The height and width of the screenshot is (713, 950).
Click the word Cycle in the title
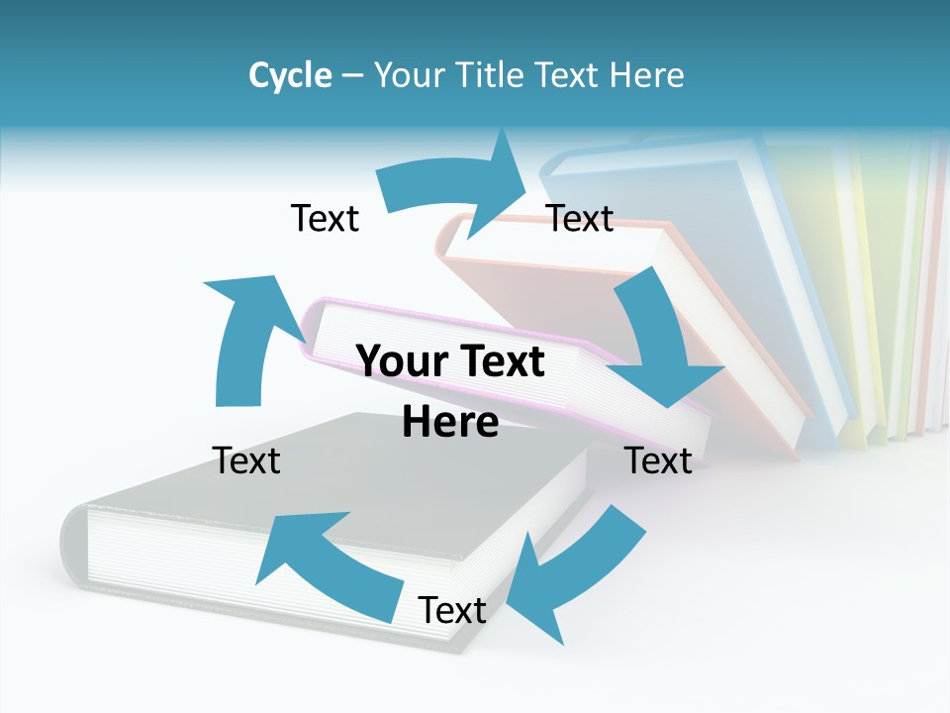pos(290,75)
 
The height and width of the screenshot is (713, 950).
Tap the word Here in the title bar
pos(643,75)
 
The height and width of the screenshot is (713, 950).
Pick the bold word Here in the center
pos(450,422)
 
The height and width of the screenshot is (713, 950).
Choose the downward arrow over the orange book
pos(663,347)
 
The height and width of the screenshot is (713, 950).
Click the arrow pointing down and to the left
pos(564,574)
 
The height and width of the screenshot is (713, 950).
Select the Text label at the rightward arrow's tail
pos(325,218)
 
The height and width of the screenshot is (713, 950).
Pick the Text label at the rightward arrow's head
pos(580,218)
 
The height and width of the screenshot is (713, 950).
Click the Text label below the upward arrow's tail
pos(246,460)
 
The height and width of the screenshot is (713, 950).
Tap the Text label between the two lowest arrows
pos(452,610)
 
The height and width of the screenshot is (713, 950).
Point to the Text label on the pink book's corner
pos(658,460)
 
